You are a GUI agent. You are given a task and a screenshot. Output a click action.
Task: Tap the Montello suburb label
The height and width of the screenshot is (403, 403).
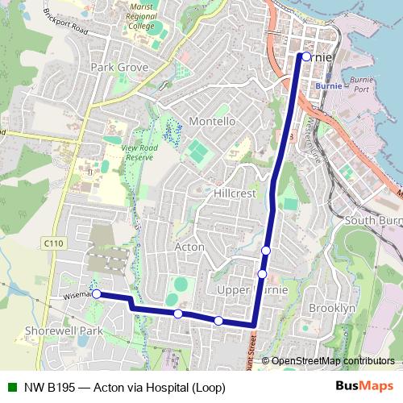(211, 121)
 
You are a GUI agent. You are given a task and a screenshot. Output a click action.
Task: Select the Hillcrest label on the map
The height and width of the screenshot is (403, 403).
(235, 194)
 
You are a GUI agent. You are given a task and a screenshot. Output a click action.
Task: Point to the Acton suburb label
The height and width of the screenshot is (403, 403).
(189, 247)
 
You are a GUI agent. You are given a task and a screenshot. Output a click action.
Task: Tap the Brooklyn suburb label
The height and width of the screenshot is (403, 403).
(331, 308)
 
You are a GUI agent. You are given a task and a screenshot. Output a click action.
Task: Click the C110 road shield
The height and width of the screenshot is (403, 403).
(54, 242)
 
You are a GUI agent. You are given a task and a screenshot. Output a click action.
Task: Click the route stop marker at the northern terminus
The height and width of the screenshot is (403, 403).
(305, 57)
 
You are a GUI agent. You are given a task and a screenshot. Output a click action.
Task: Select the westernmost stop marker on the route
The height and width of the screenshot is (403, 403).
(97, 294)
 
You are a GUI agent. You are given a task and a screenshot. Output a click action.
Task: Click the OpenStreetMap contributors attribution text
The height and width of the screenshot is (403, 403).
(332, 360)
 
